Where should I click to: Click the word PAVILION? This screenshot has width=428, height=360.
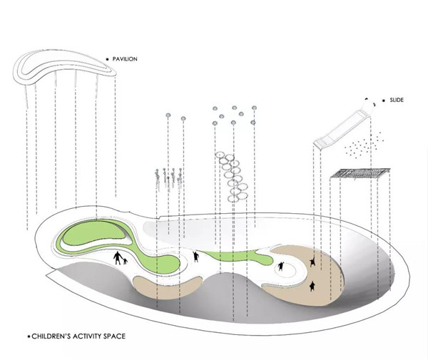(125, 59)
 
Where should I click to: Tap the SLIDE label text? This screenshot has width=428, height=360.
(397, 100)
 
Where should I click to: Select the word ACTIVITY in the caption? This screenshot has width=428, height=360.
(87, 336)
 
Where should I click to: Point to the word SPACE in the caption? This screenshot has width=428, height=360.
(114, 336)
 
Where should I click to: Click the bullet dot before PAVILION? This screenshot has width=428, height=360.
(107, 59)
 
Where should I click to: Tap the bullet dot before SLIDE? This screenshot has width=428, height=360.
(384, 101)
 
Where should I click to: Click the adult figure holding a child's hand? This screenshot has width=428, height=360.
(118, 258)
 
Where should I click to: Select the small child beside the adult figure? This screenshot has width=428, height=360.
(126, 262)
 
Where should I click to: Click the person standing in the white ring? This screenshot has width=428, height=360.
(280, 266)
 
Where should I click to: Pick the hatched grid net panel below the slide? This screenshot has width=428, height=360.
(360, 173)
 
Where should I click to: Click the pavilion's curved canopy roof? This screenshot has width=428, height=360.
(65, 66)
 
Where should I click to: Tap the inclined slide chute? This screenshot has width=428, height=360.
(341, 129)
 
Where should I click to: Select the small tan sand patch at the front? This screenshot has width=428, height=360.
(166, 287)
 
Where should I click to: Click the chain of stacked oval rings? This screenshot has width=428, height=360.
(232, 178)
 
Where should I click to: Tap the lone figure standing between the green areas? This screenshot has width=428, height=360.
(195, 257)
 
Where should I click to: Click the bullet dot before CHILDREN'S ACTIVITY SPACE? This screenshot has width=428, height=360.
(29, 336)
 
